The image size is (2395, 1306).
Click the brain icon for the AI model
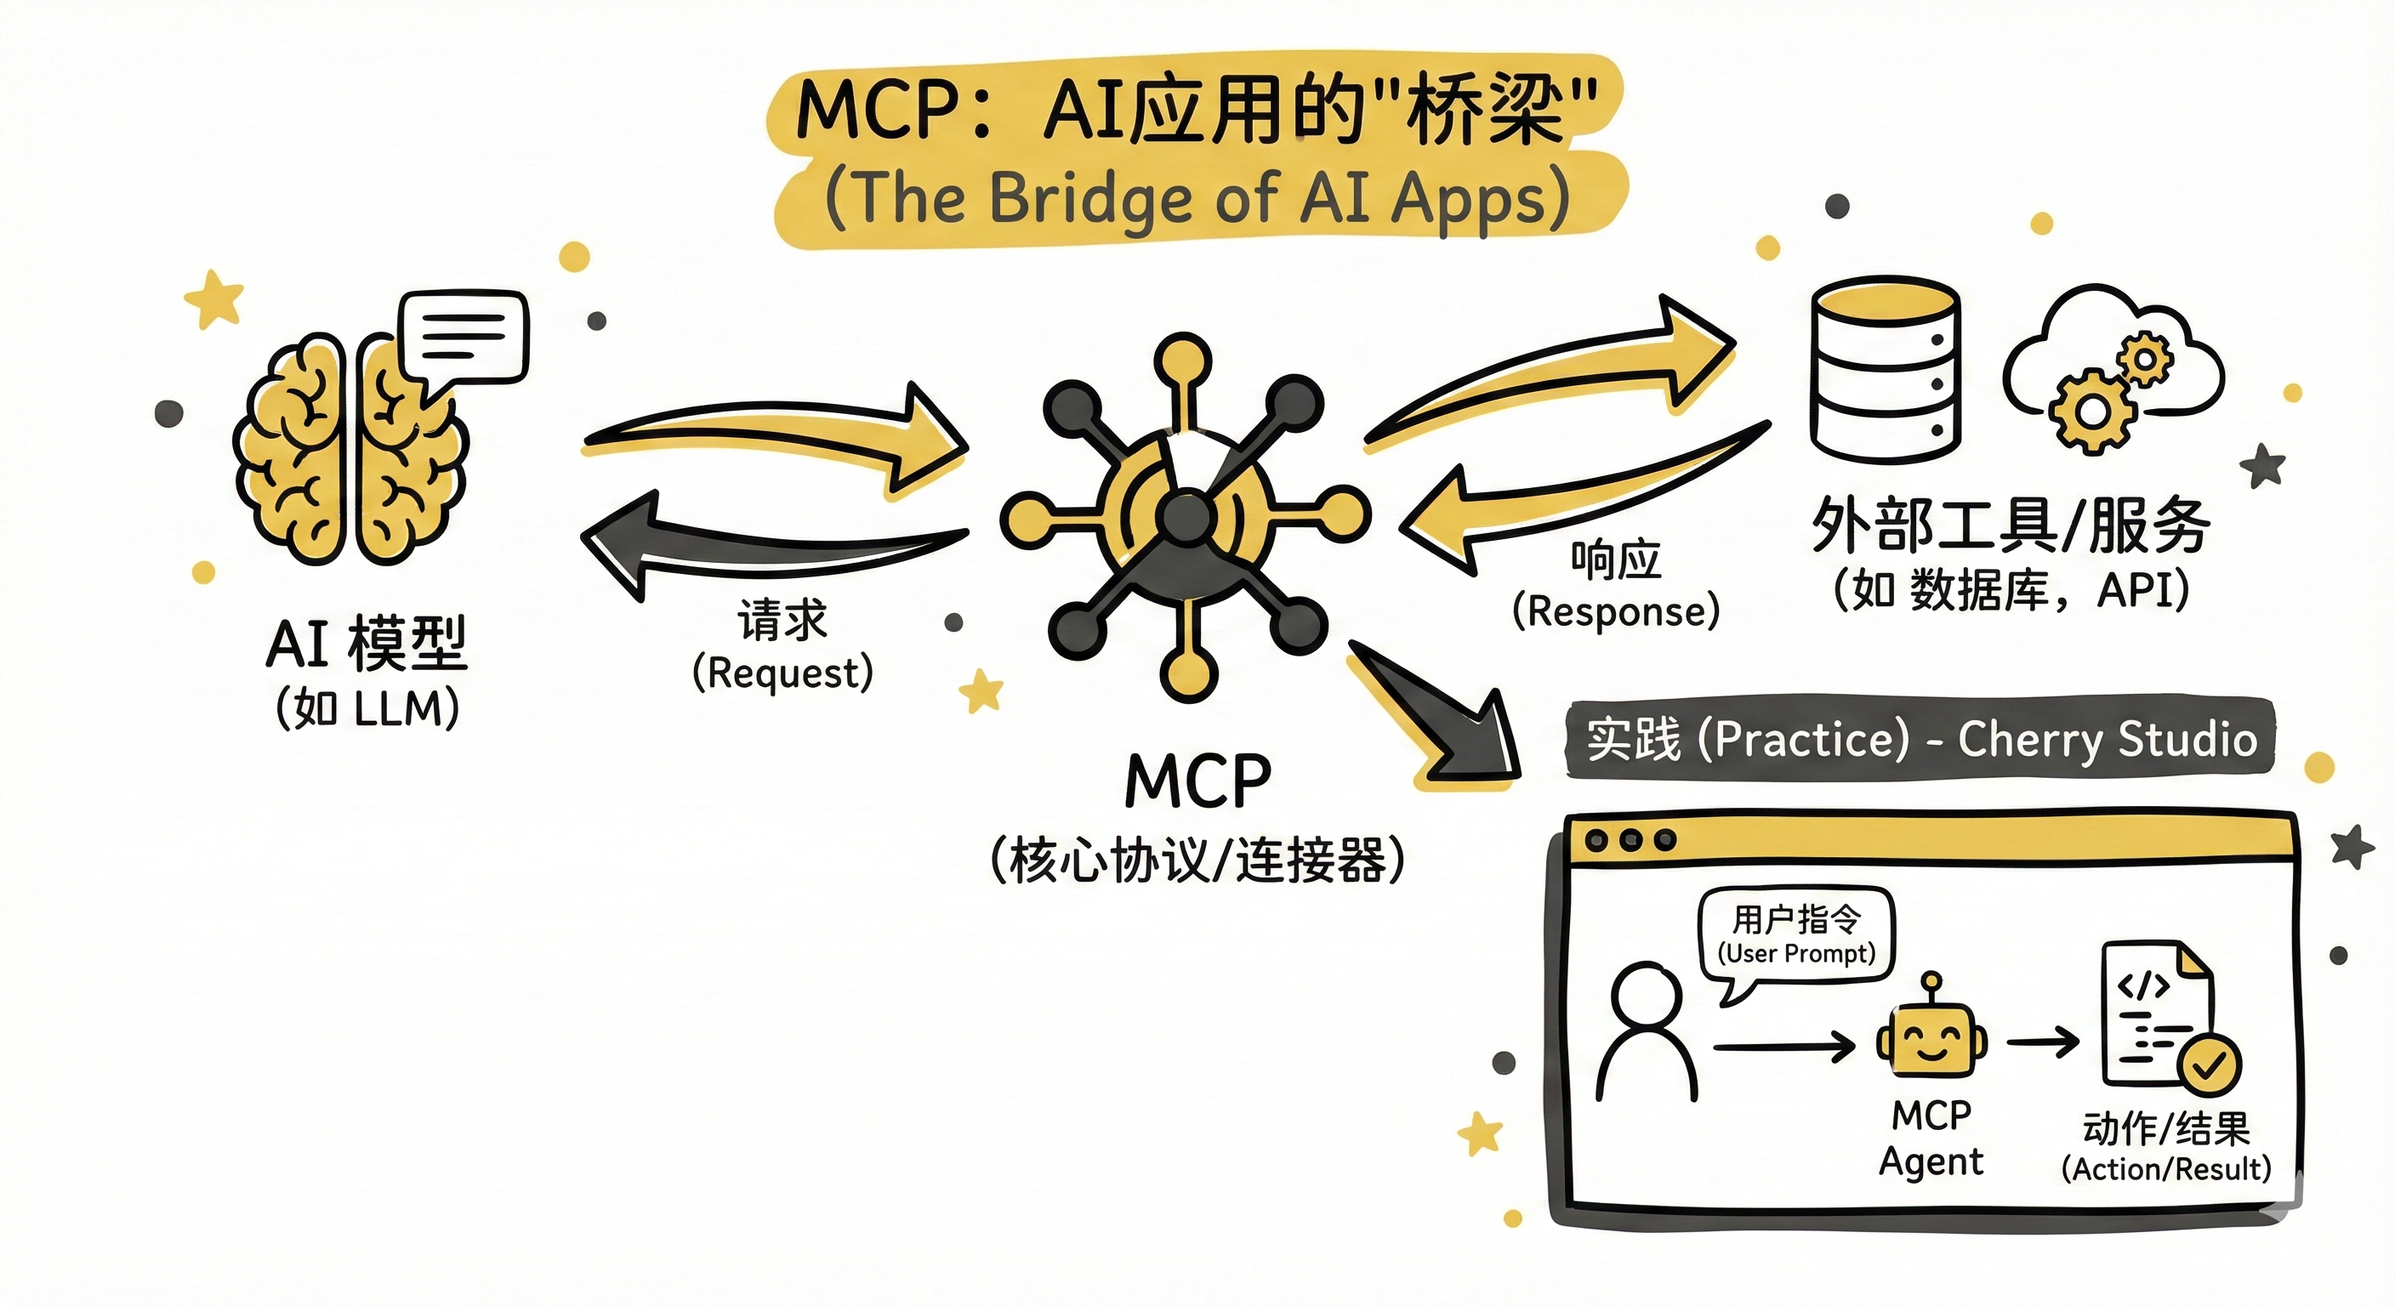[350, 451]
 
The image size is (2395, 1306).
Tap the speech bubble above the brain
[463, 337]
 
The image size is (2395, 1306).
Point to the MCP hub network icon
[1186, 516]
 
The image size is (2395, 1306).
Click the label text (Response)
[1616, 611]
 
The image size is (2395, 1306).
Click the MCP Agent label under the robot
[1931, 1138]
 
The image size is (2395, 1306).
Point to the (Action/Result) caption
[2165, 1168]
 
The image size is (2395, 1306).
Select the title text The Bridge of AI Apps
[1197, 198]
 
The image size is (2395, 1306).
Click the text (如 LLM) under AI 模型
[368, 709]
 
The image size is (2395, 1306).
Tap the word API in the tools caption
[2135, 590]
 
